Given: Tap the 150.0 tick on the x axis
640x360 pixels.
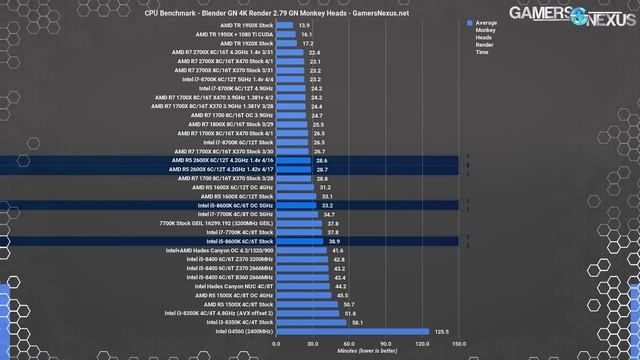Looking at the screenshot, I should [458, 343].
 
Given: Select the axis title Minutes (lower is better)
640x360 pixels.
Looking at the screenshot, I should [366, 351].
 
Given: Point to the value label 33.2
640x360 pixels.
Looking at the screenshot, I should [326, 204].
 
